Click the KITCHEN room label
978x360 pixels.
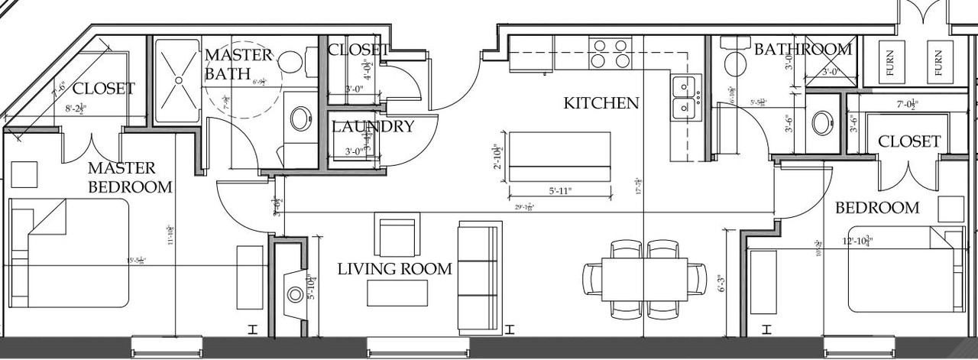601,103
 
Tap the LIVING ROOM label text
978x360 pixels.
394,269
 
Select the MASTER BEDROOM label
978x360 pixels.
129,177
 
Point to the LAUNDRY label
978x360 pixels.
372,127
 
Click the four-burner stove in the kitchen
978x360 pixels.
611,53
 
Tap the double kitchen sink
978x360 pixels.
685,97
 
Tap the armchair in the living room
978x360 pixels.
397,237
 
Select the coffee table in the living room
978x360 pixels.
397,293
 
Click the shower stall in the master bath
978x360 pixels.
177,80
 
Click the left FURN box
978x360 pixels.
889,60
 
